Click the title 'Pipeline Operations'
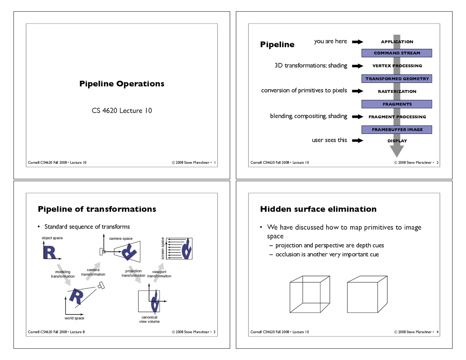click(x=122, y=84)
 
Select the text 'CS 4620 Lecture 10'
click(x=122, y=111)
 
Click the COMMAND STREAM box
click(x=396, y=53)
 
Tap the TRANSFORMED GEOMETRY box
click(x=396, y=79)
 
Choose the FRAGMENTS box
click(x=396, y=104)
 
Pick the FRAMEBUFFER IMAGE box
click(x=396, y=130)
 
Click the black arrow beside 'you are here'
click(x=357, y=42)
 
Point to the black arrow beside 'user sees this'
click(x=357, y=141)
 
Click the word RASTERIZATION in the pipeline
click(x=397, y=91)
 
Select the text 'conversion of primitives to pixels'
click(x=304, y=90)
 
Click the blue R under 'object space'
click(x=50, y=252)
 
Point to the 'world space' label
click(x=74, y=318)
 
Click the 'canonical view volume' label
click(x=149, y=319)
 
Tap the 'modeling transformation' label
click(x=63, y=274)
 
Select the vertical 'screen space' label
click(x=163, y=248)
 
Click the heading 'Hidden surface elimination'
click(x=318, y=209)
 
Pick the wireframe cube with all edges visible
click(x=310, y=294)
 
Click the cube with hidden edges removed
click(x=367, y=294)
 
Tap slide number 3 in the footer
click(x=214, y=332)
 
